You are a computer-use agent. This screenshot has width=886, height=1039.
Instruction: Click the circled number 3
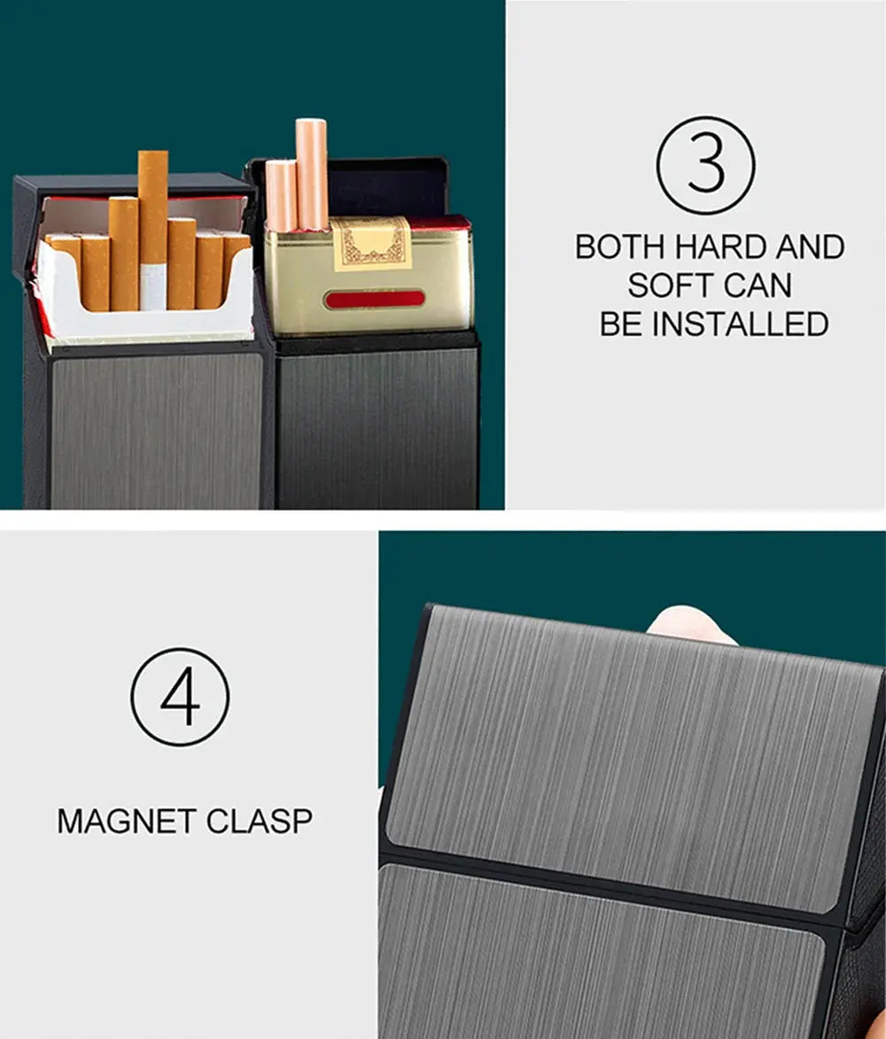(x=705, y=165)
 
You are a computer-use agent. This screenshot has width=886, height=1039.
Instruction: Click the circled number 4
(x=180, y=696)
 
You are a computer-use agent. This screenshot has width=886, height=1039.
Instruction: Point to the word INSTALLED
(x=740, y=324)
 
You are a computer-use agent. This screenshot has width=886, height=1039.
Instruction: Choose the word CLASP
(x=260, y=821)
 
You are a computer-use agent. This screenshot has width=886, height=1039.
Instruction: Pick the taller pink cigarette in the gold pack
(x=312, y=174)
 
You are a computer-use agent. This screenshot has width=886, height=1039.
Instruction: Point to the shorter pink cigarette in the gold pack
(x=281, y=195)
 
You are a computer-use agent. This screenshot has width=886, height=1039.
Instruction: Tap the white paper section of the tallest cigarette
(x=152, y=285)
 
